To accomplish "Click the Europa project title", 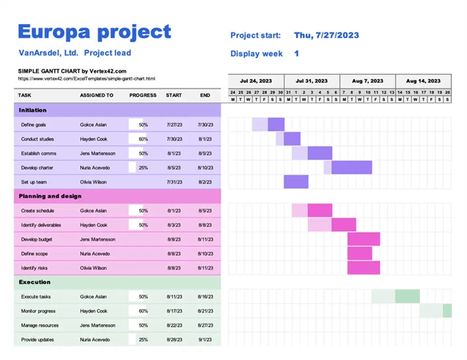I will (94, 32).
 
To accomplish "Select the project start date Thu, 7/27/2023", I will (326, 36).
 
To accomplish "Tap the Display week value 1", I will (296, 54).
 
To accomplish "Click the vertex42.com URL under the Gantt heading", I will (86, 78).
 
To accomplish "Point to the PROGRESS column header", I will (143, 95).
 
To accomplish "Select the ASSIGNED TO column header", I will (96, 95).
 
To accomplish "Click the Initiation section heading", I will (33, 110).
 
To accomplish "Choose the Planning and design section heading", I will (50, 196).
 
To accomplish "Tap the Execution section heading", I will (35, 282).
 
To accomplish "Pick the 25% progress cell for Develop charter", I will (143, 168).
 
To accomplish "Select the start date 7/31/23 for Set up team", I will (174, 182).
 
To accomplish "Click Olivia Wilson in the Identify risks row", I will (93, 268).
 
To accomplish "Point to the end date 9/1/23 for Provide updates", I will (205, 340).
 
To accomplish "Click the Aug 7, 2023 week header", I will (368, 81).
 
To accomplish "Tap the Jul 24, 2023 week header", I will (256, 81).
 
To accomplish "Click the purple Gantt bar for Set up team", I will (296, 182).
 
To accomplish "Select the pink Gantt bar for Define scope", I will (359, 253).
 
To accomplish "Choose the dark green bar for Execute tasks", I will (407, 297).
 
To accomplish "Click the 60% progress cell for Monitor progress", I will (143, 311).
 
